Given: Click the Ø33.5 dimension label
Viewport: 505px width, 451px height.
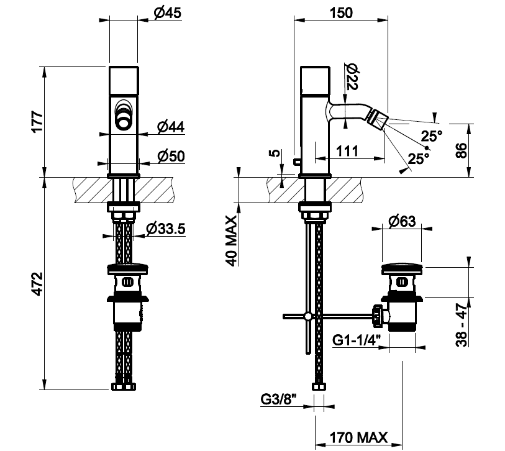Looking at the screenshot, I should coord(165,229).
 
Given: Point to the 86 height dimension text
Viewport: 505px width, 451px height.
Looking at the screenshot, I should coord(460,150).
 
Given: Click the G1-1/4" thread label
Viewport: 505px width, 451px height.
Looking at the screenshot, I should coord(357,340).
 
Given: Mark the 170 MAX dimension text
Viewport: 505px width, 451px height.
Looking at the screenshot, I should coord(358,437).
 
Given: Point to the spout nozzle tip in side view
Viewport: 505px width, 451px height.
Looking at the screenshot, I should coord(377,116).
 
